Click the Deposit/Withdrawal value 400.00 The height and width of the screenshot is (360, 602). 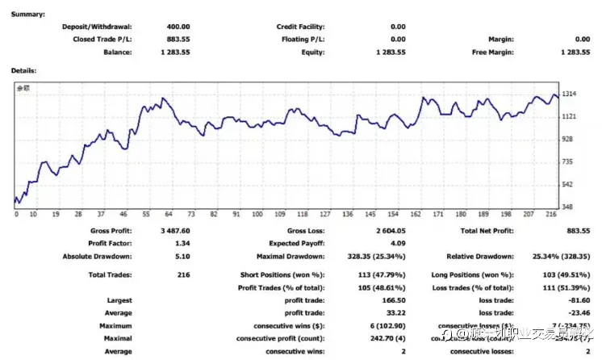(178, 27)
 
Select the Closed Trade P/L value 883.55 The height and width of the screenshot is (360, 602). (178, 39)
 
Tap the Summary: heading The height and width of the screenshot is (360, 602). (27, 14)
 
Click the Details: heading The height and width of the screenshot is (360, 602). (23, 70)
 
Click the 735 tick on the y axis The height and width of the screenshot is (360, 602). (568, 161)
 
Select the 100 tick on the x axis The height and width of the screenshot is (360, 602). (257, 215)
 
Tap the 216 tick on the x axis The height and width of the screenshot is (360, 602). (551, 215)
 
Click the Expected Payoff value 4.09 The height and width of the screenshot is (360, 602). (397, 245)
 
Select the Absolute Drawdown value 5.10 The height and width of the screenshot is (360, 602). (182, 257)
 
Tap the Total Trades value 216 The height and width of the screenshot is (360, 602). (183, 275)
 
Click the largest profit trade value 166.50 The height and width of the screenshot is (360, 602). (391, 300)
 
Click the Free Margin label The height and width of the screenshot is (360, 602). (495, 52)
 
